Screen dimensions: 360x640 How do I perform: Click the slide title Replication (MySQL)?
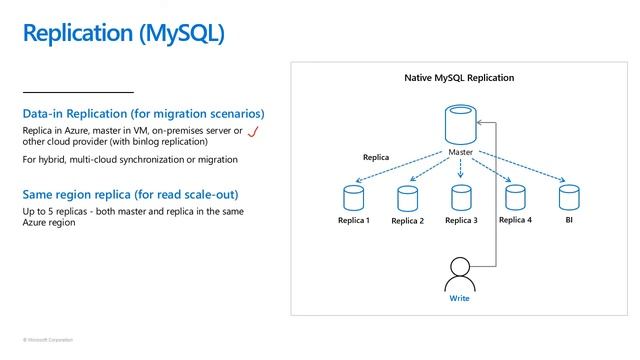pyautogui.click(x=124, y=33)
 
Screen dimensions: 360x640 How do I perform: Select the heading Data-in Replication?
pyautogui.click(x=143, y=113)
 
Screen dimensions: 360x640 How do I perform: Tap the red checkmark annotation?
pyautogui.click(x=254, y=132)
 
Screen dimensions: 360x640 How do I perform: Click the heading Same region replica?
pyautogui.click(x=130, y=194)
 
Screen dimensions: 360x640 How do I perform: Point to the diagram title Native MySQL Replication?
pyautogui.click(x=459, y=77)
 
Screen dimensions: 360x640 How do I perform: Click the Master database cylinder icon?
pyautogui.click(x=460, y=127)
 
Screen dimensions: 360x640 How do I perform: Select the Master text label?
pyautogui.click(x=460, y=153)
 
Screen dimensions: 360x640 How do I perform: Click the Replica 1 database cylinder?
pyautogui.click(x=352, y=197)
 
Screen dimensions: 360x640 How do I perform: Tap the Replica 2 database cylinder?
pyautogui.click(x=407, y=198)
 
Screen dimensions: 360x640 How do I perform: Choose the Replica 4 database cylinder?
pyautogui.click(x=515, y=197)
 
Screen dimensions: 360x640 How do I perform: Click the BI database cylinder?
pyautogui.click(x=568, y=197)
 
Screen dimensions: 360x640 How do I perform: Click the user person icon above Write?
pyautogui.click(x=459, y=273)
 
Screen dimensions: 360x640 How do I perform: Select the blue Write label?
pyautogui.click(x=459, y=298)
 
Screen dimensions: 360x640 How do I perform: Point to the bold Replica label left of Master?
pyautogui.click(x=376, y=158)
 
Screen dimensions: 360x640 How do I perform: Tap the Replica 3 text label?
pyautogui.click(x=461, y=221)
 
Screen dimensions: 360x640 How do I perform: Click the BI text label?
pyautogui.click(x=568, y=220)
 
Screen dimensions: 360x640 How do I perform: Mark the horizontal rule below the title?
pyautogui.click(x=78, y=92)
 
